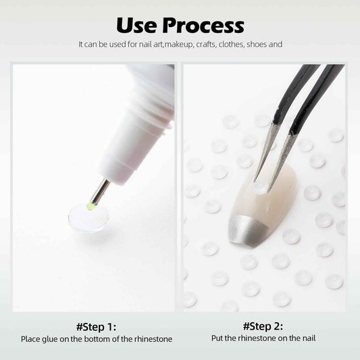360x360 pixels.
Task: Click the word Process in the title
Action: click(x=203, y=25)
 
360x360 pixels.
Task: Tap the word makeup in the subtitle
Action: click(x=179, y=45)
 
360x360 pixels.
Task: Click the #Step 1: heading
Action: click(x=96, y=327)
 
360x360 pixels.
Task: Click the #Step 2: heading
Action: click(x=263, y=326)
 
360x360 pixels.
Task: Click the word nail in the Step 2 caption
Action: click(x=309, y=338)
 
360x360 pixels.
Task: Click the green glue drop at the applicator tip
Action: click(x=91, y=207)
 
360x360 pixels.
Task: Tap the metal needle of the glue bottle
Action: click(x=100, y=192)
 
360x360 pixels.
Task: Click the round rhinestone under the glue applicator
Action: click(x=88, y=218)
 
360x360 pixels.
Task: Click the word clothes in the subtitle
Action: click(x=231, y=44)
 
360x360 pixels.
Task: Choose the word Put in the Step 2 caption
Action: click(x=217, y=338)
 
